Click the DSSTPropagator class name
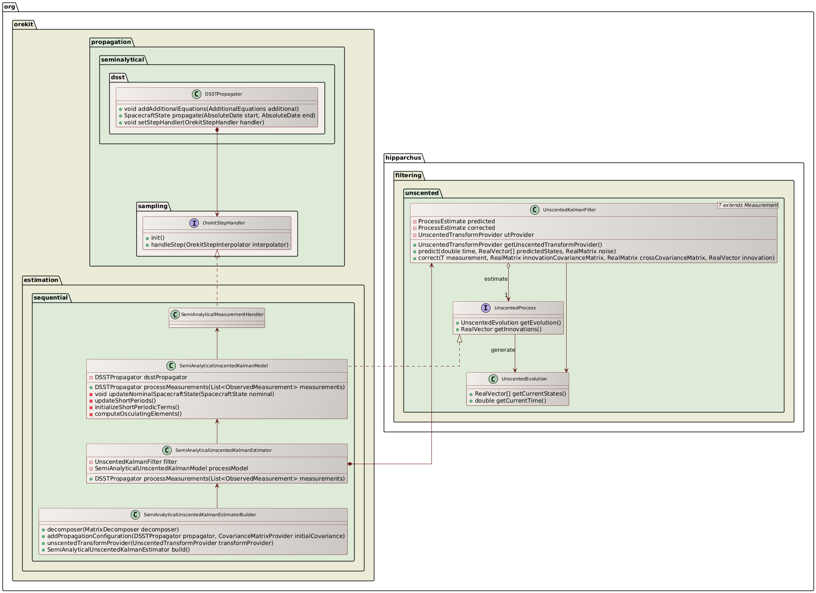coord(224,94)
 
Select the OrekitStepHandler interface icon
coord(194,223)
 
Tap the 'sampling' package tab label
coord(152,206)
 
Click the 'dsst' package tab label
coord(118,77)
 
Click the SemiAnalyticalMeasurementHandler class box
coord(217,318)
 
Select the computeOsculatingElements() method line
coord(138,414)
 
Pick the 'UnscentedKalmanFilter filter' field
coord(136,462)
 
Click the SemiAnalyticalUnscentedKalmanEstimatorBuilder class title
coord(200,515)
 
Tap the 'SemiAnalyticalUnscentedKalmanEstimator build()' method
coord(118,549)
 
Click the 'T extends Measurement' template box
coord(748,205)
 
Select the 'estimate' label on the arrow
coord(496,279)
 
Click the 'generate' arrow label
coord(503,350)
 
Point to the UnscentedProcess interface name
coord(515,308)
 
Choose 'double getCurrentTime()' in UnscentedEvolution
coord(510,401)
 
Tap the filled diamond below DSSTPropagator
coord(217,130)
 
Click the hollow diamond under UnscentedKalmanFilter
coord(508,266)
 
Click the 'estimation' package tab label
coord(41,280)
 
